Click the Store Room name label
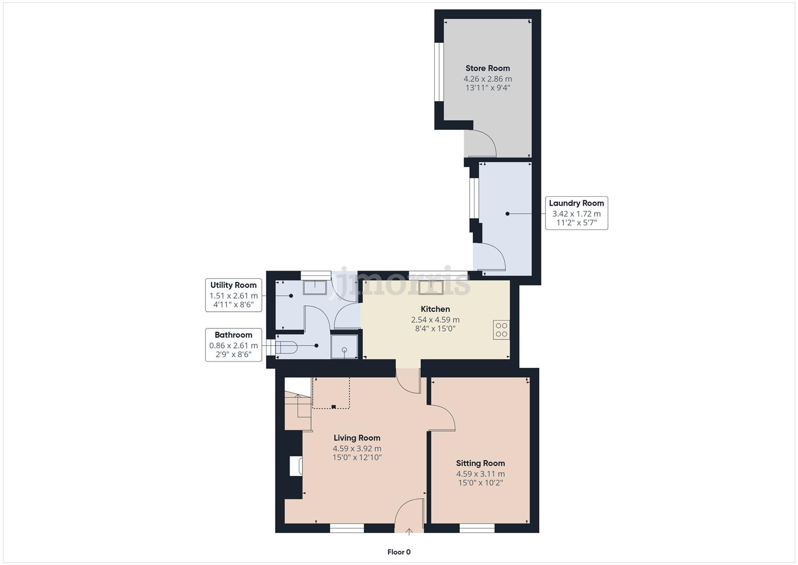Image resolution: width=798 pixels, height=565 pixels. pos(488,68)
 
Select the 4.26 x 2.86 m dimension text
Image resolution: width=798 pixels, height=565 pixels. pos(488,79)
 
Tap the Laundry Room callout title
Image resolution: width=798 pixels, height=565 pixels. pos(576,203)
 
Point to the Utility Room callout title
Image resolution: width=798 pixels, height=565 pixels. pos(233,285)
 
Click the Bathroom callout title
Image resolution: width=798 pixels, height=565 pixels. pos(233,335)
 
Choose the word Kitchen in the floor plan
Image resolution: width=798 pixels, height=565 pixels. pos(435,309)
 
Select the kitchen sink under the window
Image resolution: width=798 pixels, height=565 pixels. pos(431,288)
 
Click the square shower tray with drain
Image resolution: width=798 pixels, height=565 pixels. pos(344,347)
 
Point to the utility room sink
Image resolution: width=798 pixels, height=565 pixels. pos(315,287)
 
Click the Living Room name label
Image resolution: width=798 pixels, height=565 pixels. pos(357,438)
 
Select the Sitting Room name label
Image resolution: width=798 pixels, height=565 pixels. pos(480,463)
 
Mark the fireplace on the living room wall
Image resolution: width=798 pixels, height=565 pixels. pos(296,466)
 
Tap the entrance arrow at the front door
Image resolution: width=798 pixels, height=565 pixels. pos(409,532)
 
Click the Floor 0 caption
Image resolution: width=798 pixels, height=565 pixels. pos(399,552)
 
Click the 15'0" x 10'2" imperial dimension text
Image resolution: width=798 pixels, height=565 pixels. pos(480,483)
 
